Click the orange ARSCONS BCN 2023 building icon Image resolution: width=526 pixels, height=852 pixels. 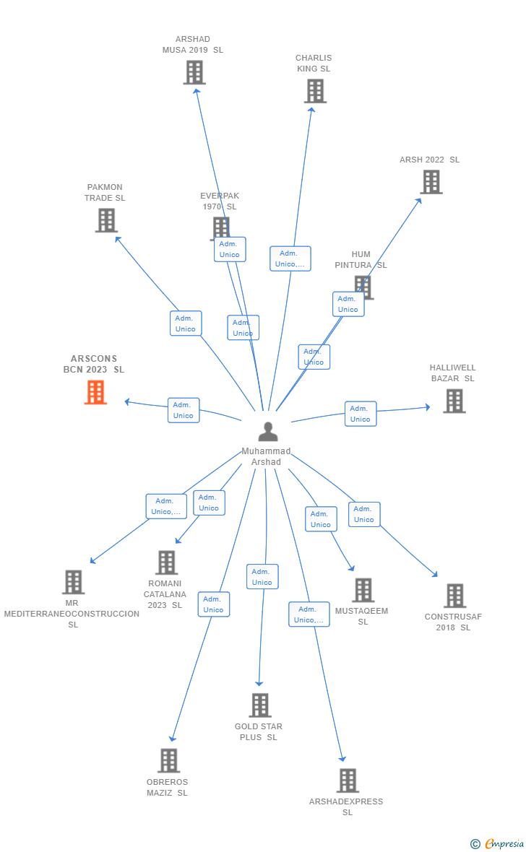[95, 392]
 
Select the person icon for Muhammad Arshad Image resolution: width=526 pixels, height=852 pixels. [268, 432]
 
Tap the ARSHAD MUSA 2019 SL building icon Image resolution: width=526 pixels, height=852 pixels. [194, 72]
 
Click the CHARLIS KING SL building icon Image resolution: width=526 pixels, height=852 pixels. [315, 91]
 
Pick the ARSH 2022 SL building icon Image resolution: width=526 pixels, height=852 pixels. [431, 182]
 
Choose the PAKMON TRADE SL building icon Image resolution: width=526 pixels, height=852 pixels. [106, 220]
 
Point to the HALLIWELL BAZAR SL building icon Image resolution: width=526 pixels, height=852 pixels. [454, 401]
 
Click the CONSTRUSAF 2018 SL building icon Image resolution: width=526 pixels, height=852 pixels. [454, 596]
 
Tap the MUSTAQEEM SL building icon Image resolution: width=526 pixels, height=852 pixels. [363, 590]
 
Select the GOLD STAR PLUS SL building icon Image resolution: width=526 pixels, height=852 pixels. [259, 705]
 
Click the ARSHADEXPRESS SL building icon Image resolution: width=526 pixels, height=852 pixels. [348, 780]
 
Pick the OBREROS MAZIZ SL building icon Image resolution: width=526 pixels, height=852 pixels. [168, 760]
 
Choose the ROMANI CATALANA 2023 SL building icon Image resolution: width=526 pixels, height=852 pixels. [166, 562]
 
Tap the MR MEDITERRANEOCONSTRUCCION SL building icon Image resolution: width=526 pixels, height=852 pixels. [73, 582]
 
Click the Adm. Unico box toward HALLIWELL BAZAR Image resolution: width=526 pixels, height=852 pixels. [360, 414]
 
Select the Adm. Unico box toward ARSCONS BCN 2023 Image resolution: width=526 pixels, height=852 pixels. [184, 410]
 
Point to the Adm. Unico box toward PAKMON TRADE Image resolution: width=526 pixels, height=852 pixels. [186, 323]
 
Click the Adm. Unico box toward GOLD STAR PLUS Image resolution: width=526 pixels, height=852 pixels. [262, 577]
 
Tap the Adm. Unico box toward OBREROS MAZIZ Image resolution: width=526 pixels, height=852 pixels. [213, 604]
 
